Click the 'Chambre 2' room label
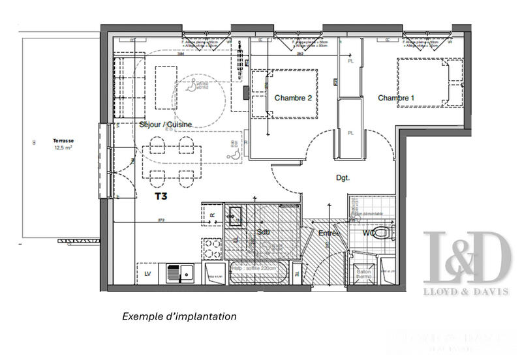point(293,98)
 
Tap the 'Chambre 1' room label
point(396,98)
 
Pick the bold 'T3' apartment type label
point(161,195)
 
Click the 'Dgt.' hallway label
point(343,177)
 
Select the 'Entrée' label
point(328,233)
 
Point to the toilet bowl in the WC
point(386,233)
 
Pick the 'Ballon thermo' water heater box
point(363,275)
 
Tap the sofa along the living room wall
point(123,88)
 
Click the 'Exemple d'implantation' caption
point(179,316)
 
